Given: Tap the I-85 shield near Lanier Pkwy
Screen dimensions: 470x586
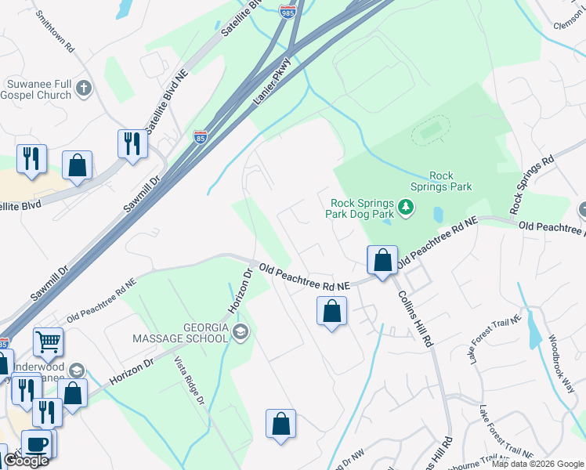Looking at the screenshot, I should point(201,138).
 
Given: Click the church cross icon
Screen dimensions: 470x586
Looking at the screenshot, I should point(85,89).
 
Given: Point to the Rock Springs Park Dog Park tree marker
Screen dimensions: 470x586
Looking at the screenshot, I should point(405,208).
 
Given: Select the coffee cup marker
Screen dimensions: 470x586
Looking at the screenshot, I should point(37,443).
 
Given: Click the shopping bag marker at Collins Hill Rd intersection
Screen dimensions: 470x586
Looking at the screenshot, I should point(382,261).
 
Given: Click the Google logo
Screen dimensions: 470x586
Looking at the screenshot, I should point(25,461).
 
